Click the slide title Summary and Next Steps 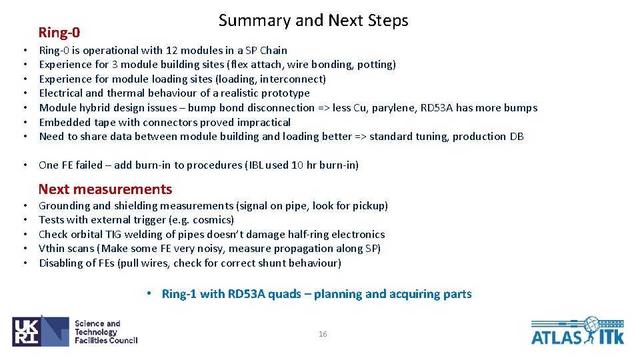(313, 21)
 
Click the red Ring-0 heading (59, 32)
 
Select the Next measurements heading (105, 189)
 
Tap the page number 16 (323, 334)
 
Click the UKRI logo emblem (40, 331)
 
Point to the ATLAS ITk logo (577, 331)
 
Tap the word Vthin (52, 249)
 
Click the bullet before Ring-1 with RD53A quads (152, 294)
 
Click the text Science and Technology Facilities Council (105, 332)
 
